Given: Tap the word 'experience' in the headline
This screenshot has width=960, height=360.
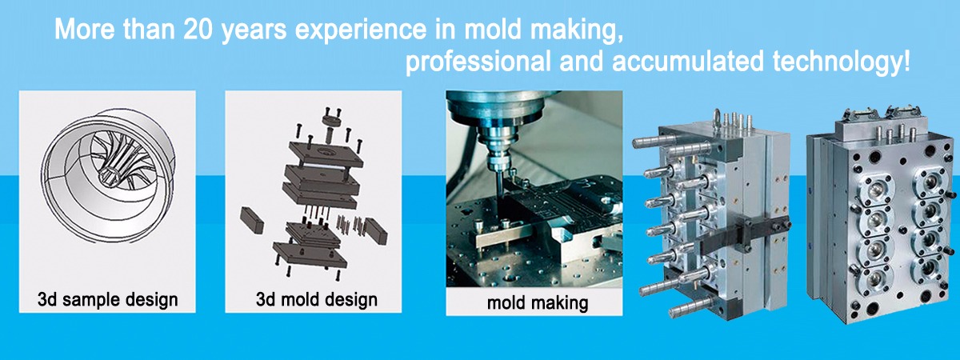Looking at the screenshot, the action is click(361, 31).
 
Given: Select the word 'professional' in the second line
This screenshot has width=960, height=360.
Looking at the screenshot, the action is click(478, 62).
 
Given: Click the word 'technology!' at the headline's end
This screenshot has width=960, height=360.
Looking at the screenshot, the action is click(841, 62).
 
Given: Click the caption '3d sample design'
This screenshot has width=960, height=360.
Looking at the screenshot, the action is click(107, 299).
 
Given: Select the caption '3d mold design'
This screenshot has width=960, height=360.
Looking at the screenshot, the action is click(316, 299).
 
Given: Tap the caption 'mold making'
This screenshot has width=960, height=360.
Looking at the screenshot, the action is click(538, 303).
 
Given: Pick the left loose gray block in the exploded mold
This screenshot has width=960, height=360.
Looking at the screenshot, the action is click(252, 220).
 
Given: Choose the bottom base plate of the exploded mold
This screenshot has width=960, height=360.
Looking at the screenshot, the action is click(310, 255).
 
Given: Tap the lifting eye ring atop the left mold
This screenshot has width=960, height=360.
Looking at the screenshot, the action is click(716, 116).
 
